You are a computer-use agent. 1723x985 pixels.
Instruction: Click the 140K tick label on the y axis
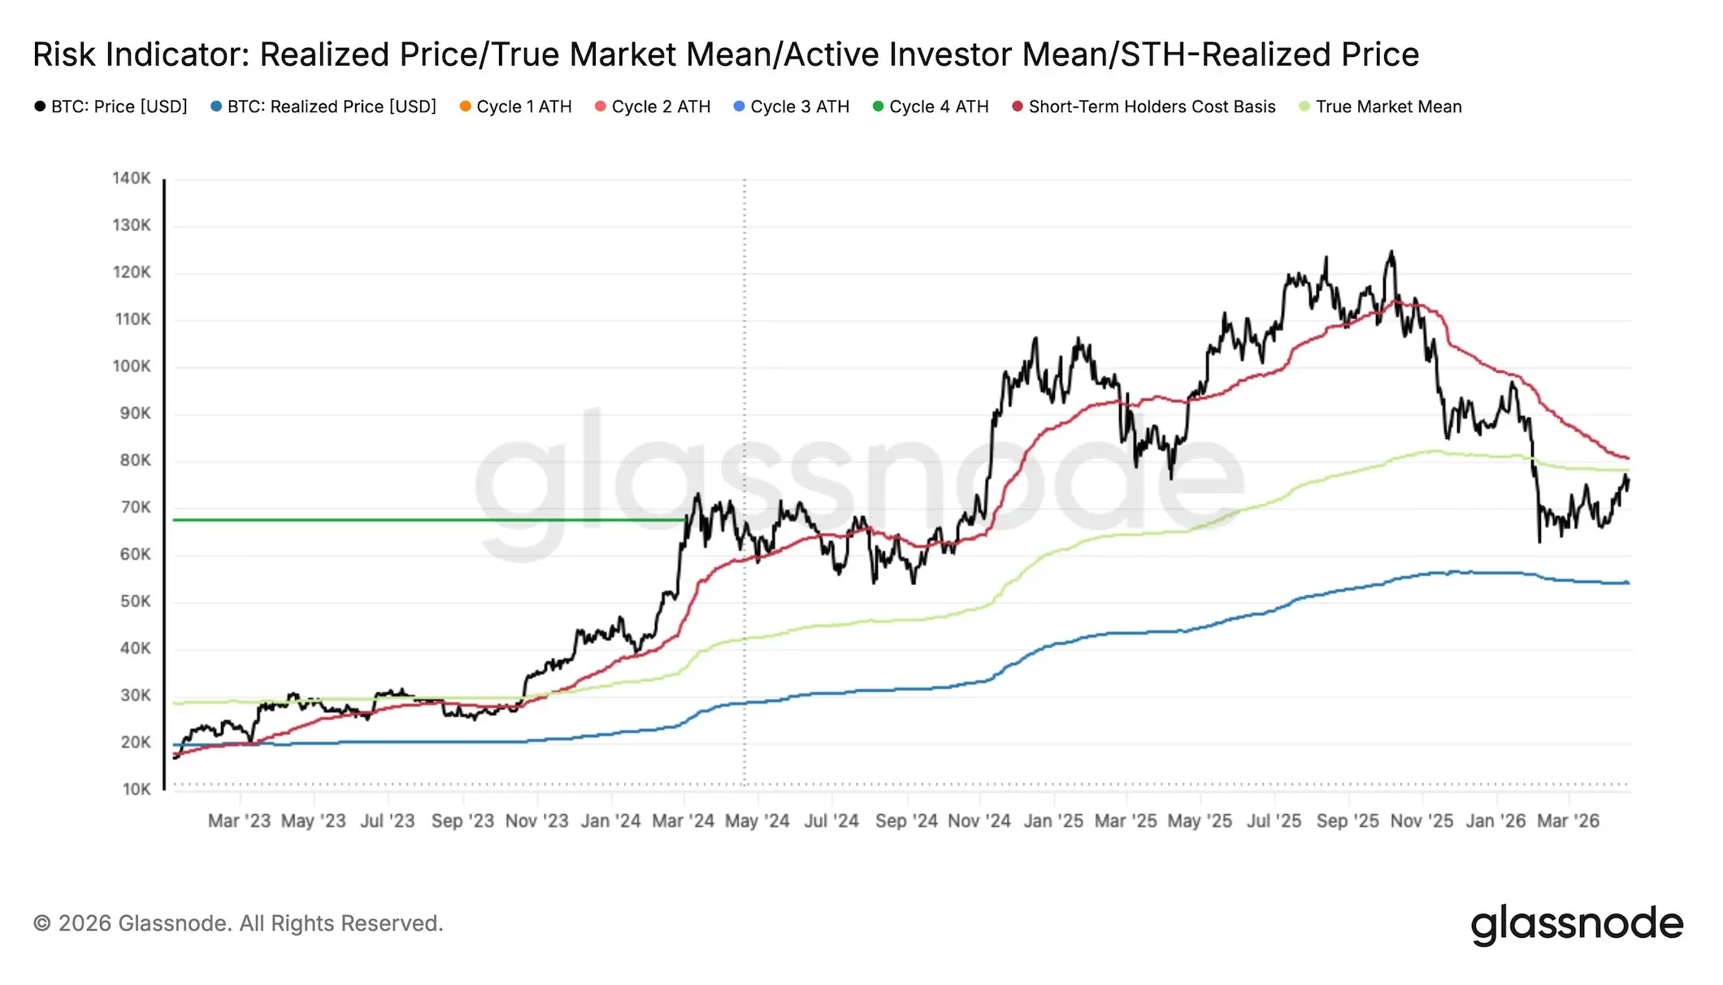131,178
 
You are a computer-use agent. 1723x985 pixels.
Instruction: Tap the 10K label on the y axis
136,789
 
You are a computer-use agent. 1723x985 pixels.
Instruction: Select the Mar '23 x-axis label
239,821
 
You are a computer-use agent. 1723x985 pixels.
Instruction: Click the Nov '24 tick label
979,821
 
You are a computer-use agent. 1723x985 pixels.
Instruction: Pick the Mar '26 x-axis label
1568,821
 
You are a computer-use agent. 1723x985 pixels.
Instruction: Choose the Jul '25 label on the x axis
1274,821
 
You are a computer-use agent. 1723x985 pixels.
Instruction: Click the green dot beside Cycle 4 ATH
878,106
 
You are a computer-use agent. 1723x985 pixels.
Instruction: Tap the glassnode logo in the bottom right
1577,924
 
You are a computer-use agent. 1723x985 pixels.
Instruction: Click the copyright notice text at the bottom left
238,923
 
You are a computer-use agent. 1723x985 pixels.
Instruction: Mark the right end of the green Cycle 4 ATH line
685,520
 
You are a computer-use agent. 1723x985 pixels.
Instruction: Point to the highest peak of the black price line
1391,251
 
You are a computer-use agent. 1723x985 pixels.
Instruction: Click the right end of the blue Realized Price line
1628,583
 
